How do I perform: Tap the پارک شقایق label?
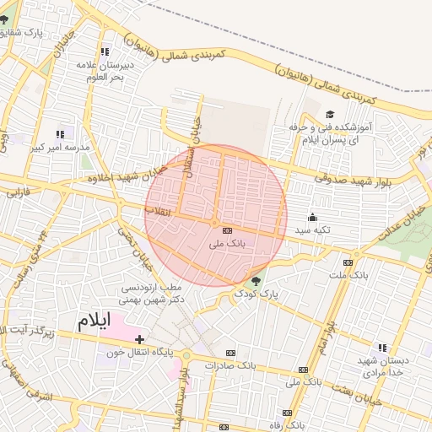click(x=45, y=32)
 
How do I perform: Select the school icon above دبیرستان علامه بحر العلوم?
click(x=105, y=52)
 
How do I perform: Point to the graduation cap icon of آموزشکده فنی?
click(x=330, y=114)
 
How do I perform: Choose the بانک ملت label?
click(x=348, y=275)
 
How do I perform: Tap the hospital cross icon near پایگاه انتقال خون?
click(x=140, y=338)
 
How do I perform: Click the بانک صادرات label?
click(x=253, y=365)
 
